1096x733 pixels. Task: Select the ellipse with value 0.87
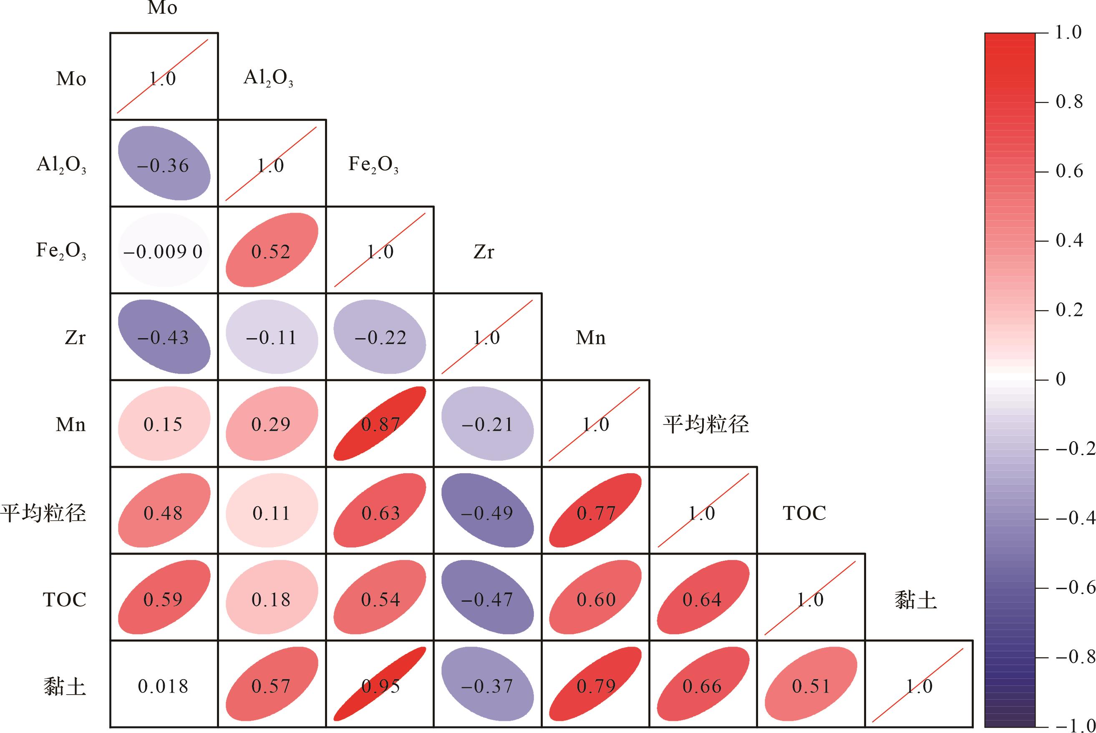click(380, 424)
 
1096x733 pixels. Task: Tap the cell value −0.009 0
click(163, 251)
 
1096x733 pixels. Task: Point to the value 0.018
click(163, 686)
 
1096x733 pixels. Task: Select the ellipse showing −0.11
click(272, 337)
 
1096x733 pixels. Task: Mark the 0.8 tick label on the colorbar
click(1069, 102)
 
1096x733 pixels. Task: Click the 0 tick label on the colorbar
click(1061, 379)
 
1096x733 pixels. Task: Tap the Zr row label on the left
click(75, 337)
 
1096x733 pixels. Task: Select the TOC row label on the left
click(65, 599)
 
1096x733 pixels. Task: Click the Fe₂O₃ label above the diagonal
click(373, 165)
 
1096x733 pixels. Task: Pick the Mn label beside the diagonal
click(590, 337)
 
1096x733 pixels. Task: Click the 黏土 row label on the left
click(65, 686)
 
